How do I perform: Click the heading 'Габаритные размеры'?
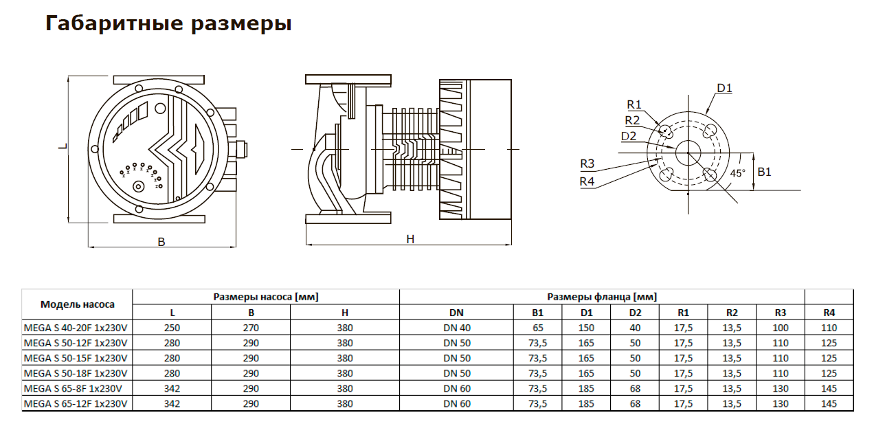pyautogui.click(x=168, y=24)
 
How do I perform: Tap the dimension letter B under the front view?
pyautogui.click(x=161, y=242)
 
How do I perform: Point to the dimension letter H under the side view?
pyautogui.click(x=410, y=239)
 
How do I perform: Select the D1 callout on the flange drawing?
pyautogui.click(x=724, y=88)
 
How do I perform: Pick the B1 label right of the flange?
pyautogui.click(x=764, y=172)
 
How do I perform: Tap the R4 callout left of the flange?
pyautogui.click(x=586, y=181)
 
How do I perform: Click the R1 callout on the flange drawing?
pyautogui.click(x=634, y=104)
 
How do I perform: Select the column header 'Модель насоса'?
pyautogui.click(x=77, y=304)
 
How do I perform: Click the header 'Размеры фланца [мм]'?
pyautogui.click(x=601, y=297)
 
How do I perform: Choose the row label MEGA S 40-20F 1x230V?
pyautogui.click(x=76, y=328)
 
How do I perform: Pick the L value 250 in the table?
pyautogui.click(x=172, y=328)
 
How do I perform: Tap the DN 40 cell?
pyautogui.click(x=457, y=328)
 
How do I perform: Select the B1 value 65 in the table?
pyautogui.click(x=537, y=328)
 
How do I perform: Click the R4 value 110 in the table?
pyautogui.click(x=829, y=328)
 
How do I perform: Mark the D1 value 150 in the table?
pyautogui.click(x=586, y=328)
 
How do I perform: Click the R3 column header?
pyautogui.click(x=780, y=313)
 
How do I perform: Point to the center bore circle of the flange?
pyautogui.click(x=688, y=152)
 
